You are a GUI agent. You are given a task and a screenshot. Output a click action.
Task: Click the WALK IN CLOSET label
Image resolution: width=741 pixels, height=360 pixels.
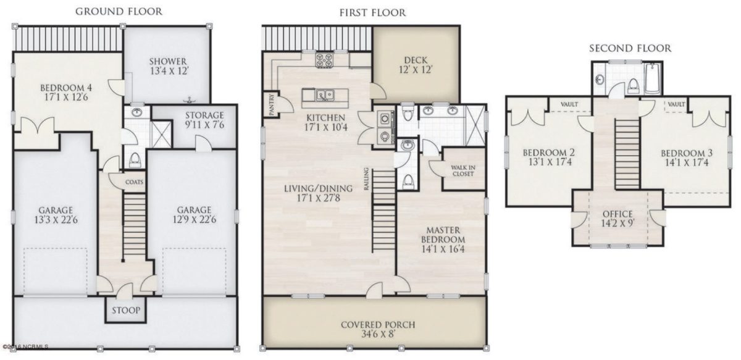click(463, 170)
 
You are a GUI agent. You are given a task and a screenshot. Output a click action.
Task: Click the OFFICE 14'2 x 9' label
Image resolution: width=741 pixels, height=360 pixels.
click(617, 220)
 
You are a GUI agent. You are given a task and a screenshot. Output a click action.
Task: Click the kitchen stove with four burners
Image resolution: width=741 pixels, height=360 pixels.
click(325, 61)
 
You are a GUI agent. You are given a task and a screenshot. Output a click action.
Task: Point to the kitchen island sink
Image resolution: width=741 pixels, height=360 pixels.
click(324, 95)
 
